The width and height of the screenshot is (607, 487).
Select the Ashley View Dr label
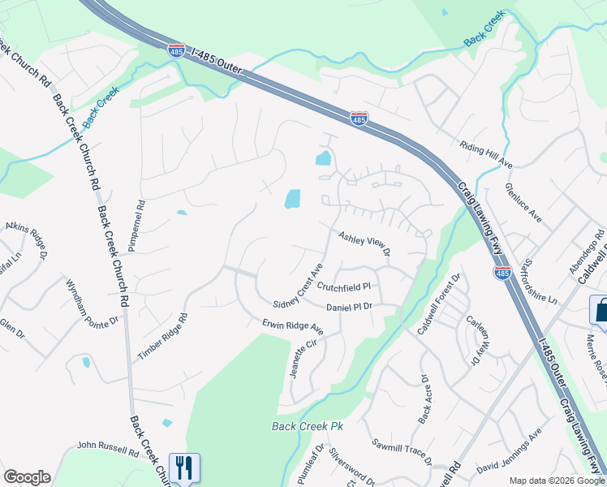click(364, 243)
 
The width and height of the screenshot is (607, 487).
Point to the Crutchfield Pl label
click(343, 287)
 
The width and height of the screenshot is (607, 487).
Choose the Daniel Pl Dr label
click(349, 307)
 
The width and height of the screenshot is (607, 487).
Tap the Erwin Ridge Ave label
click(292, 327)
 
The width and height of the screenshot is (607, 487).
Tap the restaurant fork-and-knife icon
click(184, 467)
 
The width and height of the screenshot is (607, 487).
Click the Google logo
click(27, 477)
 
